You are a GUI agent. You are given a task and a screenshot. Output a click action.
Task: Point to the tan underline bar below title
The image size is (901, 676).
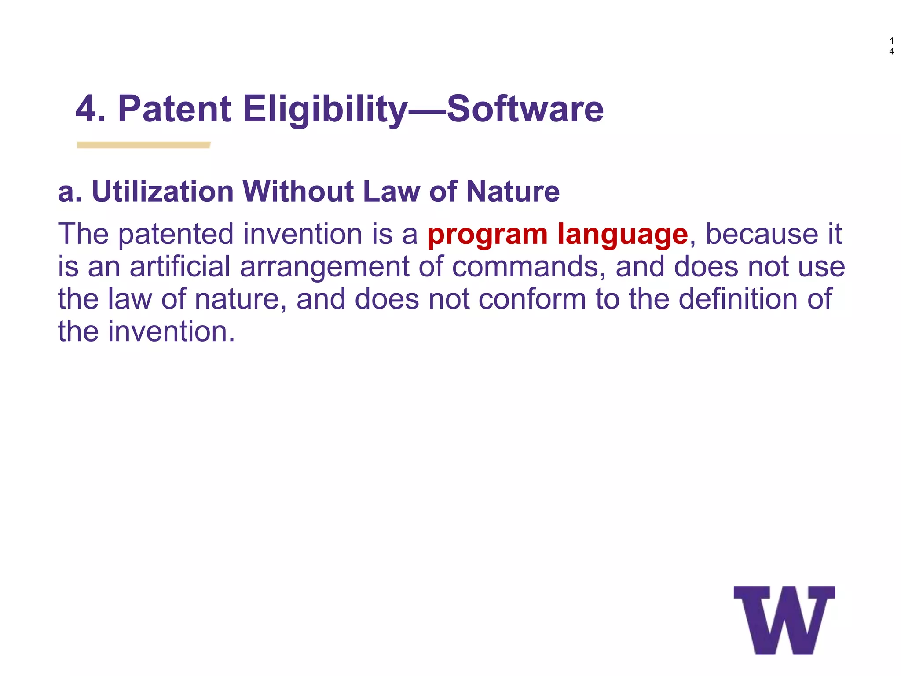(144, 145)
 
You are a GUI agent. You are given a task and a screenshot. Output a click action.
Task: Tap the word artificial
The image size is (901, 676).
(180, 267)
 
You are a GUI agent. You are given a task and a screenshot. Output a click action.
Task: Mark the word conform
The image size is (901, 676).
(532, 299)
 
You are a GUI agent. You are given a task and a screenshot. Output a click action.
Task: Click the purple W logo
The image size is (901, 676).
(784, 620)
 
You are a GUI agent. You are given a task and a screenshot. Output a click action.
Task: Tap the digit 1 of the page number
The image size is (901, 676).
(891, 41)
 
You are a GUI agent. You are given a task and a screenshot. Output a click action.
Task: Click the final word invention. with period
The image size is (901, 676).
(171, 332)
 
